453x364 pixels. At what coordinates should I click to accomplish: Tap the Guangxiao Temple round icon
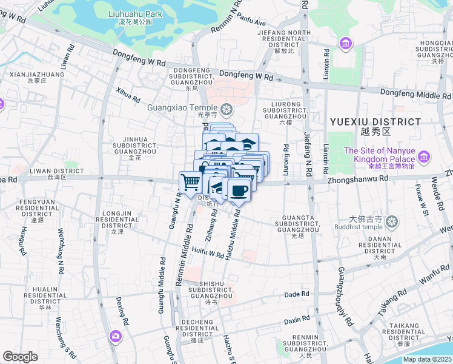tap(226, 109)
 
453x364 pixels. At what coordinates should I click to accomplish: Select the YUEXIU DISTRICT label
tap(375, 122)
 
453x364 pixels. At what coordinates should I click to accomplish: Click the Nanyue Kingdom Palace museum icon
tap(423, 158)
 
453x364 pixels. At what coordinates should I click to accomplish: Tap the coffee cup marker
tap(237, 190)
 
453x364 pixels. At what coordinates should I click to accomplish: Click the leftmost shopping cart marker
tap(190, 182)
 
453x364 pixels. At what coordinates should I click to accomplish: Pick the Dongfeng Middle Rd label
tap(415, 95)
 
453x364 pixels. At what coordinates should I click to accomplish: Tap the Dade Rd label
tap(297, 295)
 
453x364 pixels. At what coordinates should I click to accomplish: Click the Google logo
tap(20, 357)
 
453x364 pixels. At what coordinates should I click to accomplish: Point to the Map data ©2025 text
tap(427, 359)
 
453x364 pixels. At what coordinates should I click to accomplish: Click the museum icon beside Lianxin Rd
tap(345, 43)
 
